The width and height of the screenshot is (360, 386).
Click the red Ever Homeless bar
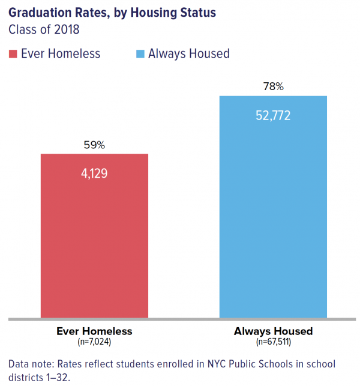[x=94, y=240]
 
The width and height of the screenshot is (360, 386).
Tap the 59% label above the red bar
[x=94, y=145]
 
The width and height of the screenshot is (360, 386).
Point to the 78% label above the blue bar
[x=273, y=86]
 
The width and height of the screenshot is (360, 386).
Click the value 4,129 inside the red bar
[x=94, y=173]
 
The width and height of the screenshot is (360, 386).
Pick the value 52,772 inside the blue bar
[x=273, y=115]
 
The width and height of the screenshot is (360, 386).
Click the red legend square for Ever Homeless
[x=13, y=54]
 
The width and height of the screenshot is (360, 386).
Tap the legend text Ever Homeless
[x=61, y=54]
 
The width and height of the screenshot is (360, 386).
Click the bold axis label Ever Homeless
[x=94, y=331]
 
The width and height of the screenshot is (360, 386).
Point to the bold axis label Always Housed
[x=273, y=331]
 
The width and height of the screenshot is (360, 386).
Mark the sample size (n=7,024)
[x=94, y=342]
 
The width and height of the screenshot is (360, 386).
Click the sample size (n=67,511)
[x=273, y=342]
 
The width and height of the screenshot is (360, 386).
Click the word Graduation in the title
[x=39, y=12]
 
